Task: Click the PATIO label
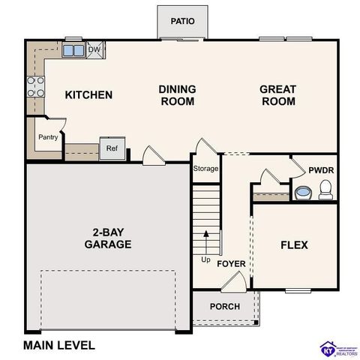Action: point(182,20)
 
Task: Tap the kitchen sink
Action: point(73,51)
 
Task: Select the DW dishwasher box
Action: point(94,50)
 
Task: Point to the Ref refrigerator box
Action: point(112,148)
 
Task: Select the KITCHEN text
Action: point(88,94)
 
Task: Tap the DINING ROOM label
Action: point(177,94)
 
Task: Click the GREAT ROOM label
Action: point(277,94)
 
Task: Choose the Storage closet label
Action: point(206,169)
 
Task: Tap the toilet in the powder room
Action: point(325,193)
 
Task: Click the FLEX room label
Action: point(294,245)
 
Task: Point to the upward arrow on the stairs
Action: point(207,241)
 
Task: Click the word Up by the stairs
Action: point(205,259)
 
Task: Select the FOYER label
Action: point(232,264)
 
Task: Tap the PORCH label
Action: point(224,306)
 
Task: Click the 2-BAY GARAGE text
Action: point(107,238)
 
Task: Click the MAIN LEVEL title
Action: point(59,346)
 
